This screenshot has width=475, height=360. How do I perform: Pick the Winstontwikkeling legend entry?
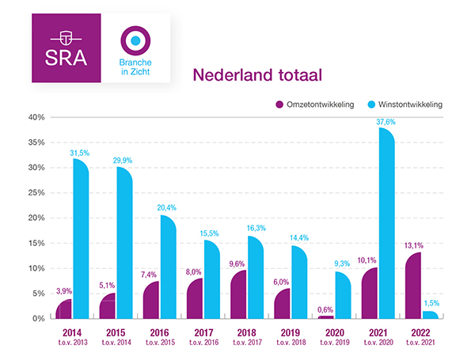[x=408, y=104]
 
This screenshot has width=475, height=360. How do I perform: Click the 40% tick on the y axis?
[x=36, y=117]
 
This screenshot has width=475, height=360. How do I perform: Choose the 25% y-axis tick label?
[x=36, y=193]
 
